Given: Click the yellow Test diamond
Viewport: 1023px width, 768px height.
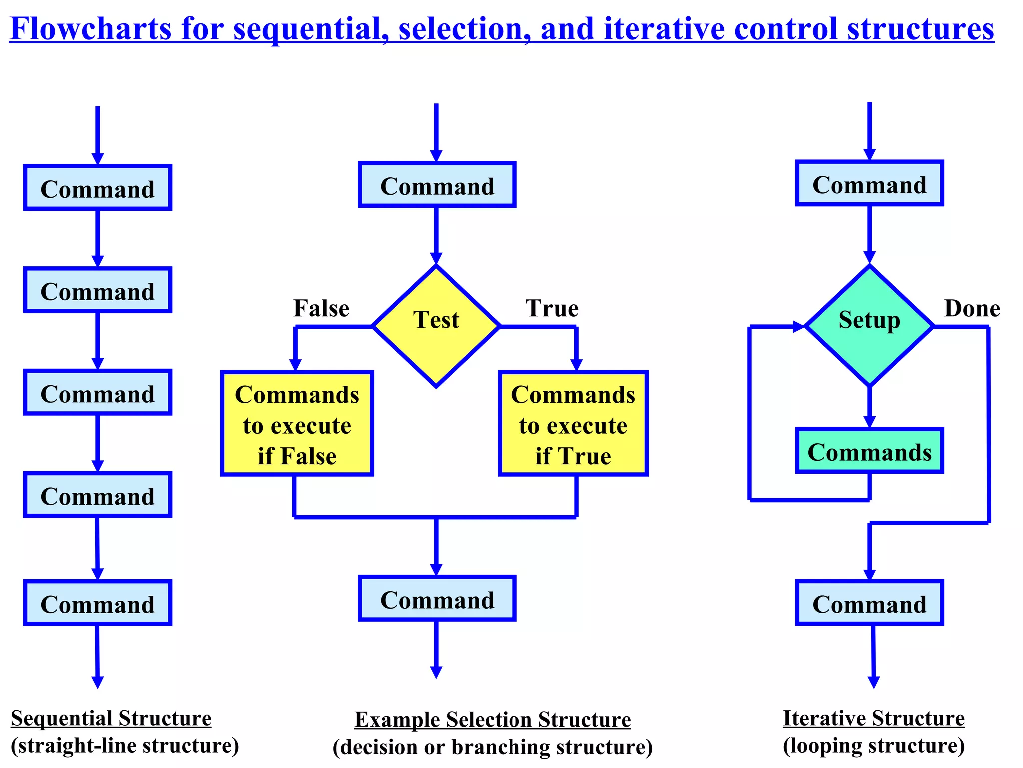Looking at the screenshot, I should click(436, 326).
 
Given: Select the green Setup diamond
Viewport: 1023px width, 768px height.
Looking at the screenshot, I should click(869, 326).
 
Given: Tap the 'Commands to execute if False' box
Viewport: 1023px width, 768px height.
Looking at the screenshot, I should click(297, 424).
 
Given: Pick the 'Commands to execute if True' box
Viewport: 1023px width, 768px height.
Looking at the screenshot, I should click(573, 424).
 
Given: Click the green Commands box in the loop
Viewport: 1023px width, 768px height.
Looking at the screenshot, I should click(869, 451).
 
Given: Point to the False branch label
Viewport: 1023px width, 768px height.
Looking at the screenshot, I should click(321, 308).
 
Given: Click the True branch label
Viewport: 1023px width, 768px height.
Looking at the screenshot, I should click(552, 308).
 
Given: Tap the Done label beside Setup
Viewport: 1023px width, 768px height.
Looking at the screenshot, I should click(972, 308).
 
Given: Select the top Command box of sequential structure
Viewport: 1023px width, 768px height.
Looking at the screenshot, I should click(98, 188).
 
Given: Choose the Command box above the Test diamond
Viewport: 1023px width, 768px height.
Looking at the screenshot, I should click(437, 185).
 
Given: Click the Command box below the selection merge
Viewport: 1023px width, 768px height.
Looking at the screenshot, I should click(437, 599).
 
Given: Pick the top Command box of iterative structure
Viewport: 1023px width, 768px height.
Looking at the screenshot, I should click(869, 183).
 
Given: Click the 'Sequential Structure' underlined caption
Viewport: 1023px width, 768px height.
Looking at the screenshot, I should click(111, 719).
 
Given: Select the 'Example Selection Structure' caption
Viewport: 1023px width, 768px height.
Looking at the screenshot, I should click(493, 720).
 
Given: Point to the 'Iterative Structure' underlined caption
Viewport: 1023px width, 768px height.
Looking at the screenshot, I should click(873, 719).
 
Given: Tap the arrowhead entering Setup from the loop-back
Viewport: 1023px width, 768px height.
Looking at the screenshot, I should click(798, 327).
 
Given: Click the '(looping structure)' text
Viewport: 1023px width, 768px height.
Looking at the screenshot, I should click(873, 746).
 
